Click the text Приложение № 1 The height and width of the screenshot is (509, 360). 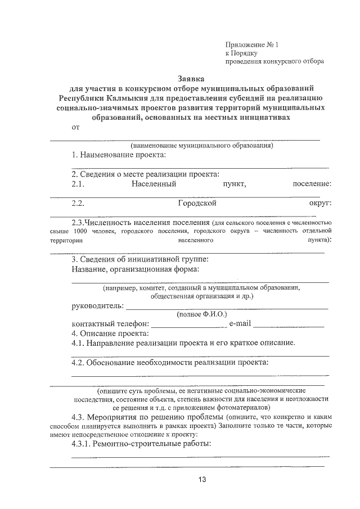pos(251,43)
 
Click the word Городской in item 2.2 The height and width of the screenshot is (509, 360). pos(197,203)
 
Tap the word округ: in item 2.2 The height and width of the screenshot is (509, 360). pos(319,203)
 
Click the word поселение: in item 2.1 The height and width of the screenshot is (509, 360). pos(312,184)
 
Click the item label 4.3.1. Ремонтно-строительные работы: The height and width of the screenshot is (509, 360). pos(141,444)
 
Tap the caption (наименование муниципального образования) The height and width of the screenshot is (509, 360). pos(201,146)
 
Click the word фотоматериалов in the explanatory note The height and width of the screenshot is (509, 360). pos(244,407)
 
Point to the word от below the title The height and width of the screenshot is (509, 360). pos(76,128)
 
